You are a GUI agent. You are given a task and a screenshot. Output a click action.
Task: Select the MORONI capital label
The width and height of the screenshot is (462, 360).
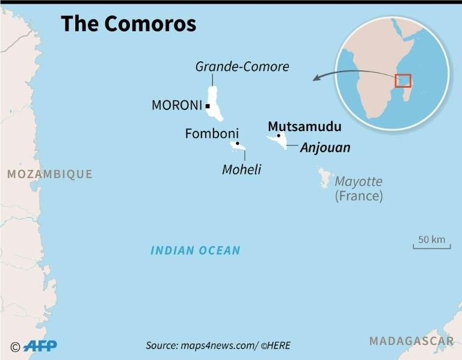[176, 106]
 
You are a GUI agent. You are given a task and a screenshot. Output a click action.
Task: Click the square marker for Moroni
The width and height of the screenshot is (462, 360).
[207, 106]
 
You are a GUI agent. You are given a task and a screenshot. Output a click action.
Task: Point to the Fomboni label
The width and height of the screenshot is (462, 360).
[212, 133]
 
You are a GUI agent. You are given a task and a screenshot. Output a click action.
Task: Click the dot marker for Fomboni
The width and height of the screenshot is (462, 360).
[238, 144]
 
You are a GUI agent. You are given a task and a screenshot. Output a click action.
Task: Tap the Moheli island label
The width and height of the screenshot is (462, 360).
[242, 169]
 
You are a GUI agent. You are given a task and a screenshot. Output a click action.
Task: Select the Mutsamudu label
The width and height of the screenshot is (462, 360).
[304, 126]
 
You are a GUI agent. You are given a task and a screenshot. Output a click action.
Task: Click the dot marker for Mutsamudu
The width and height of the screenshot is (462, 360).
[279, 136]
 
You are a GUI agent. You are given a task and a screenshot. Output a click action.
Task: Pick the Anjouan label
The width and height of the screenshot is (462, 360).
[325, 147]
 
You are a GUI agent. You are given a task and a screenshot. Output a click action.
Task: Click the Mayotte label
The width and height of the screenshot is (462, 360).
[359, 181]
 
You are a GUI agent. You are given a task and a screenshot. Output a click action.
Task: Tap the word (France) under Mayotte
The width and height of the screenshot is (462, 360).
[359, 196]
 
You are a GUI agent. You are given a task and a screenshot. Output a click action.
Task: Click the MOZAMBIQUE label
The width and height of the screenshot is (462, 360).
[49, 174]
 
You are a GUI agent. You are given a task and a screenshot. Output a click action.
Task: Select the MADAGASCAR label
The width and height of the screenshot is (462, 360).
[411, 341]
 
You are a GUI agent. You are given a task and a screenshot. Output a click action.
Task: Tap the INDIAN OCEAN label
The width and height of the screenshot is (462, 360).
[196, 251]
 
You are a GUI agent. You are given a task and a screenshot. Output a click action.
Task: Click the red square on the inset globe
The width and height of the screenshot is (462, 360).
[402, 81]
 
